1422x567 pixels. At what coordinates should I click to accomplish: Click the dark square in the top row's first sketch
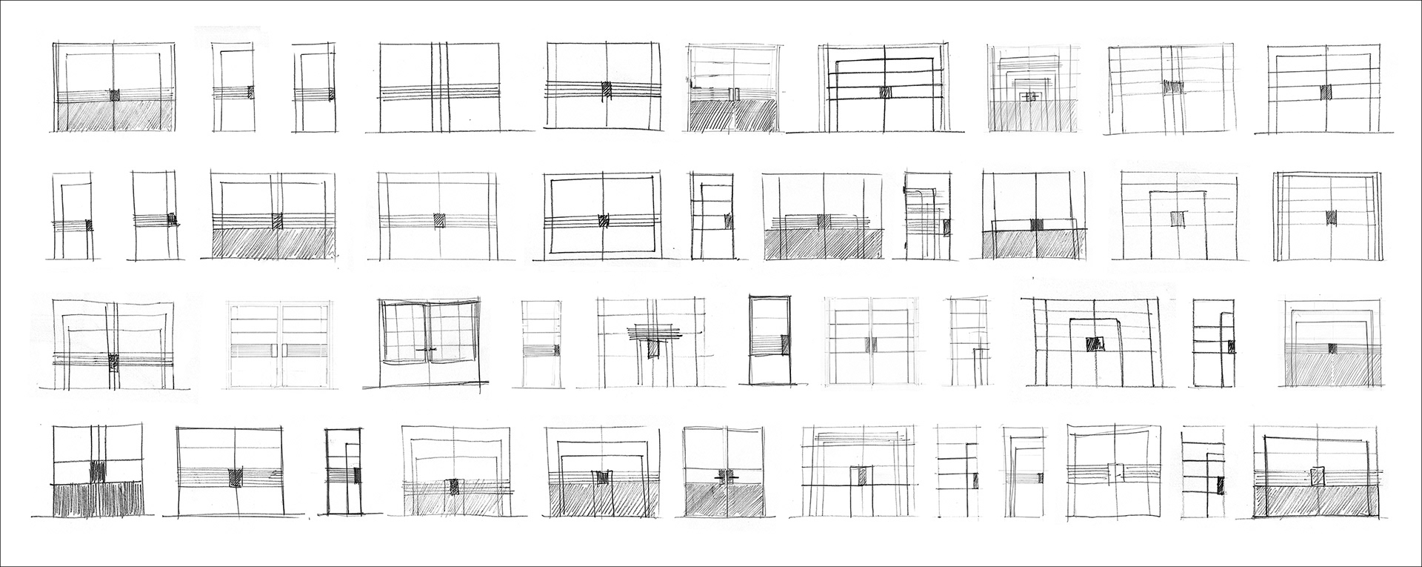coord(115,95)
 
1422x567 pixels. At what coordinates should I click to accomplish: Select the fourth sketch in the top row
coord(444,87)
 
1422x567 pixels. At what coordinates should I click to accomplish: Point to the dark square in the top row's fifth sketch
coord(606,88)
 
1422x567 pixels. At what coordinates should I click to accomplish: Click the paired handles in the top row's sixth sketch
coord(734,94)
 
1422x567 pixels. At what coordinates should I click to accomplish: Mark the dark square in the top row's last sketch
coord(1326,92)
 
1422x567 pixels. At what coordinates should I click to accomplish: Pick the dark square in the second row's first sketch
coord(87,224)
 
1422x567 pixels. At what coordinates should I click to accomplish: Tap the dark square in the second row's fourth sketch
coord(439,219)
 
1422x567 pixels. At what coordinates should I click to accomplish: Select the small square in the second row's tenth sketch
coord(1176,219)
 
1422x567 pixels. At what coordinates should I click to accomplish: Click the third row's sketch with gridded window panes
coord(426,345)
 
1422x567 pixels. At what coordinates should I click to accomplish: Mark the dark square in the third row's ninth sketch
coord(1093,344)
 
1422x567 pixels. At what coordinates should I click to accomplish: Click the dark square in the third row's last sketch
coord(1332,348)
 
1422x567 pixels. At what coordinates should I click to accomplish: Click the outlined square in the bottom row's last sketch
coord(1317,476)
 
